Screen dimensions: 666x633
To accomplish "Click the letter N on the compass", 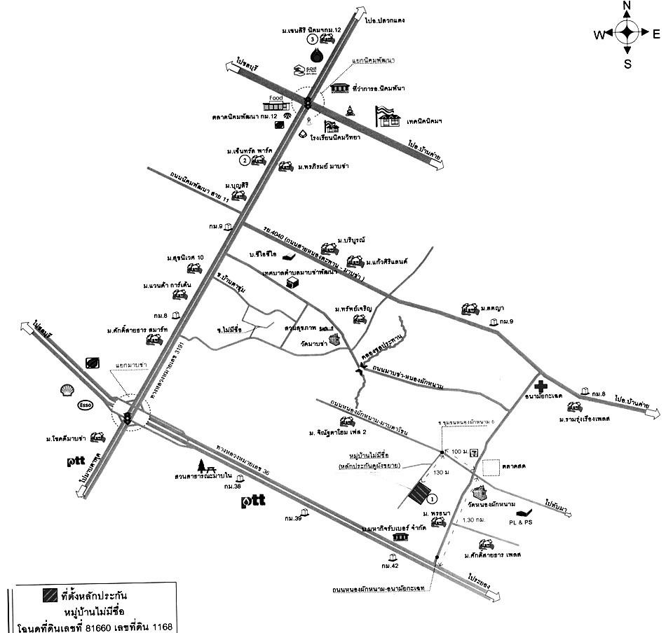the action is [x=627, y=6].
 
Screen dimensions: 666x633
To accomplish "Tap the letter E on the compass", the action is [x=655, y=34].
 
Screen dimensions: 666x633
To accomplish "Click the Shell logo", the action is [x=69, y=390].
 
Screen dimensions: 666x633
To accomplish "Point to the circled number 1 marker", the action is [x=433, y=499].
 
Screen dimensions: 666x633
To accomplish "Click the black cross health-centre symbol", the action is [x=541, y=386].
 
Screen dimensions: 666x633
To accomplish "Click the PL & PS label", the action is [x=521, y=522].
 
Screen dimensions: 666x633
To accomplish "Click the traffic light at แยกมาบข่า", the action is [x=127, y=418].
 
